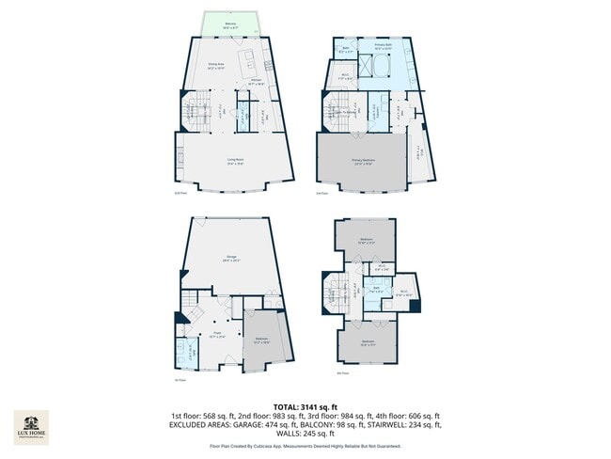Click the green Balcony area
230,24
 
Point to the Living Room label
235,160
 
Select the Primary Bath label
384,45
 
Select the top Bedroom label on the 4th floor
366,240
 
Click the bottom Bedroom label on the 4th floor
368,341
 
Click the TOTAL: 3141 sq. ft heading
305,405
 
